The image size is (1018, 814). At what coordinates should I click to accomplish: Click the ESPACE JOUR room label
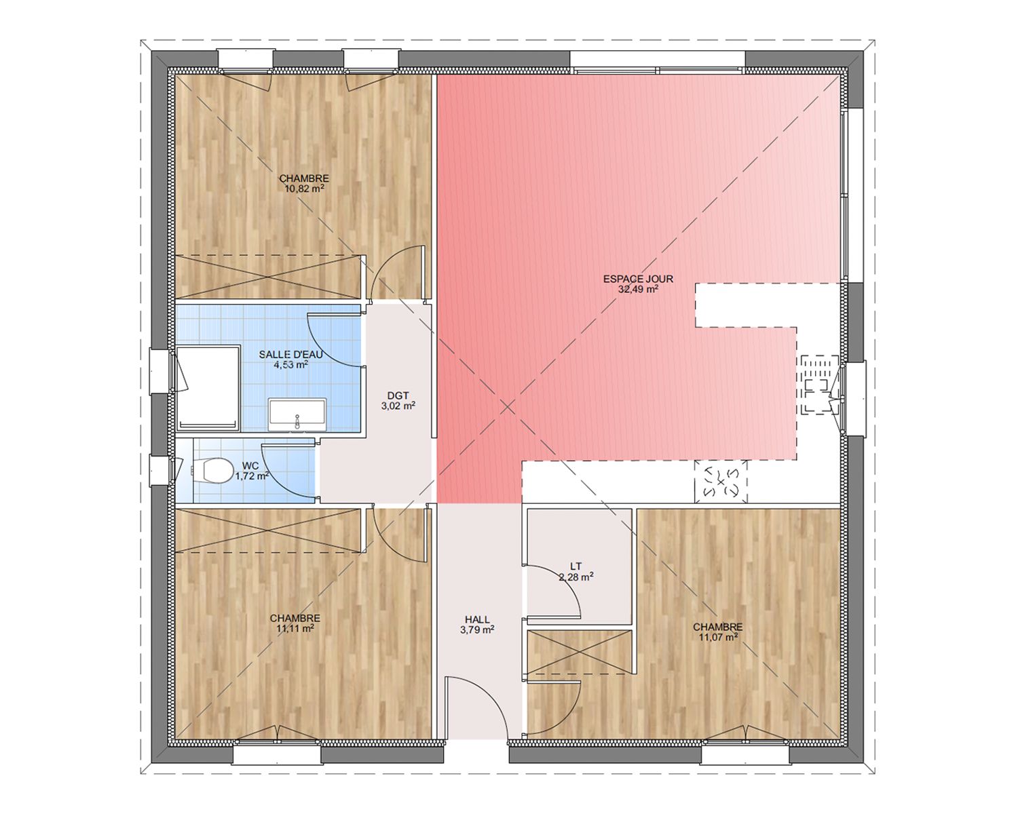638,279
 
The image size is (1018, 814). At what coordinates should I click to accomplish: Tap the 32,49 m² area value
638,289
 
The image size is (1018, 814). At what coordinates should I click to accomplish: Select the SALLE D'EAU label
291,355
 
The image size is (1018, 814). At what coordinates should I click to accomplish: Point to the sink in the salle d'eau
297,414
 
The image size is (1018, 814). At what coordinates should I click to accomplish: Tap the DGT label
398,395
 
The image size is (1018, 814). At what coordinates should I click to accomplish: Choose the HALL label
477,619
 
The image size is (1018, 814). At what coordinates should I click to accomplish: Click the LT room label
576,566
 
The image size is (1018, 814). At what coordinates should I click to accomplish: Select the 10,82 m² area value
304,189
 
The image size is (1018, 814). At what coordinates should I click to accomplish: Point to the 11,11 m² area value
295,629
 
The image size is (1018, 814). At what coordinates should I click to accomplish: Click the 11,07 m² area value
717,637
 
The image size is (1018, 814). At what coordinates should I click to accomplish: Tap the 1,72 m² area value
252,476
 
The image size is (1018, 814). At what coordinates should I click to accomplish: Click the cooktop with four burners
721,482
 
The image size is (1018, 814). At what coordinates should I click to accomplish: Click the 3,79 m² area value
477,629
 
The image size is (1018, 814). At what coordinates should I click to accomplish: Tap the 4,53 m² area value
291,365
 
